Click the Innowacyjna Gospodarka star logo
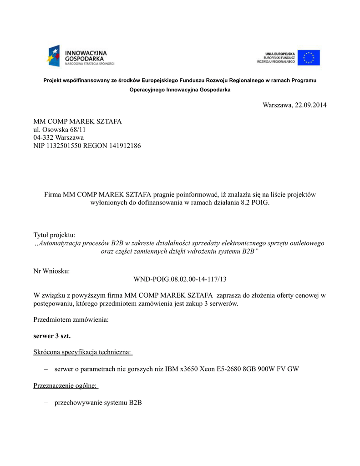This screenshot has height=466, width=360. (x=54, y=56)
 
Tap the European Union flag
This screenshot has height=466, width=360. (x=309, y=58)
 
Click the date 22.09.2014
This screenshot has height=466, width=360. (x=310, y=105)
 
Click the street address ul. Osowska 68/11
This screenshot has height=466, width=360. (x=60, y=129)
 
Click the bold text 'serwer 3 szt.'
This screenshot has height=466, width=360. (x=52, y=336)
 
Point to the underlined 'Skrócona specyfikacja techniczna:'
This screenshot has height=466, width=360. (x=82, y=352)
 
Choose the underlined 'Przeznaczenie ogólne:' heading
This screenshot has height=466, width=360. (x=66, y=386)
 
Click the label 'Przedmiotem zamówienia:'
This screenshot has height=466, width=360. (x=71, y=319)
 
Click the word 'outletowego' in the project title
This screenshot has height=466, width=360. (x=307, y=243)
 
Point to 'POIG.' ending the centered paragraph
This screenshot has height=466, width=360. (x=261, y=203)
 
